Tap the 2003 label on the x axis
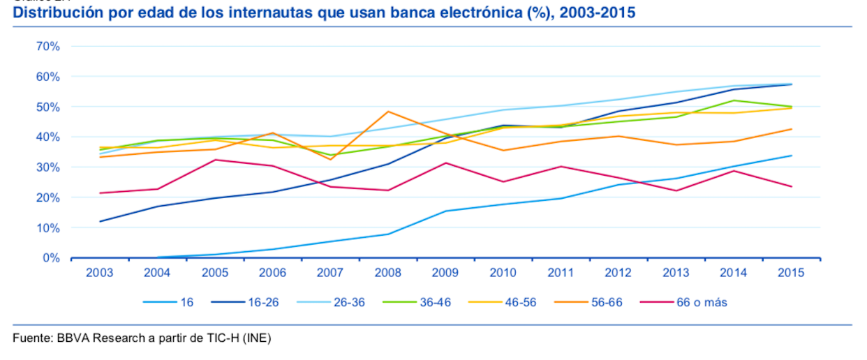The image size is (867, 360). pyautogui.click(x=99, y=273)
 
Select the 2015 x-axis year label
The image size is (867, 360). pyautogui.click(x=791, y=273)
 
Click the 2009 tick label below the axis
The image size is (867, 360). pyautogui.click(x=445, y=273)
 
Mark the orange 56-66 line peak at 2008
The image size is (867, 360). pyautogui.click(x=388, y=112)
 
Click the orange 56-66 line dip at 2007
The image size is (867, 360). pyautogui.click(x=330, y=160)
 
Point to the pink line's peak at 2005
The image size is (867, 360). pyautogui.click(x=215, y=160)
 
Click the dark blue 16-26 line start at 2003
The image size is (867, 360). pyautogui.click(x=100, y=221)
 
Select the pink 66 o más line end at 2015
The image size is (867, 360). pyautogui.click(x=791, y=186)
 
